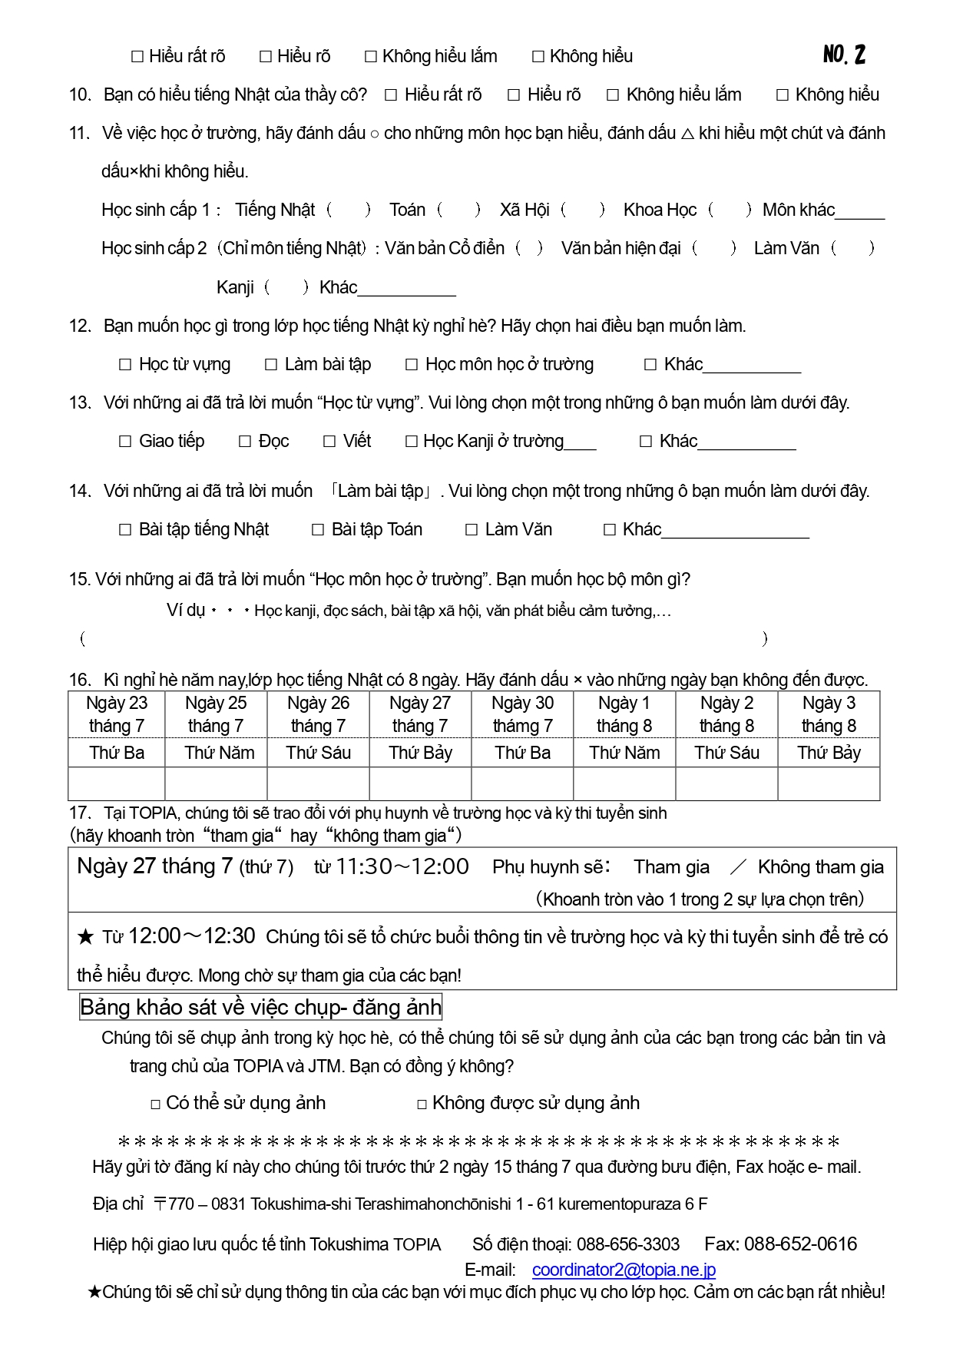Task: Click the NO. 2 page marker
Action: [x=844, y=54]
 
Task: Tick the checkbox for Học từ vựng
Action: [x=125, y=365]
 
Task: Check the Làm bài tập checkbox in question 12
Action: [x=271, y=365]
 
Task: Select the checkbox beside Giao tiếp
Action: [x=125, y=442]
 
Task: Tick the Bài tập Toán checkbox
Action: [x=318, y=530]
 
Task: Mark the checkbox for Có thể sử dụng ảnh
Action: [x=156, y=1105]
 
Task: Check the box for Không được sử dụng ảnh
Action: [x=422, y=1105]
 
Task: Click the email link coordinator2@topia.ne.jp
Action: [x=624, y=1270]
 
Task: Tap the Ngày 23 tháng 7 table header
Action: [x=117, y=714]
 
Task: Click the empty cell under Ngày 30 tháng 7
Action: [x=522, y=784]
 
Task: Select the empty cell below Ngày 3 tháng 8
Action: [x=829, y=784]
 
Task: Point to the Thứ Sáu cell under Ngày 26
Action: [x=318, y=753]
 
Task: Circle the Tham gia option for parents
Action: [x=671, y=867]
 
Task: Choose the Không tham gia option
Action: [x=820, y=867]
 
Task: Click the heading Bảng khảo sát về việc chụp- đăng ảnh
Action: [x=260, y=1007]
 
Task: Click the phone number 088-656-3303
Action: [x=627, y=1244]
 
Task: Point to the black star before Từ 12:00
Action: [x=85, y=937]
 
